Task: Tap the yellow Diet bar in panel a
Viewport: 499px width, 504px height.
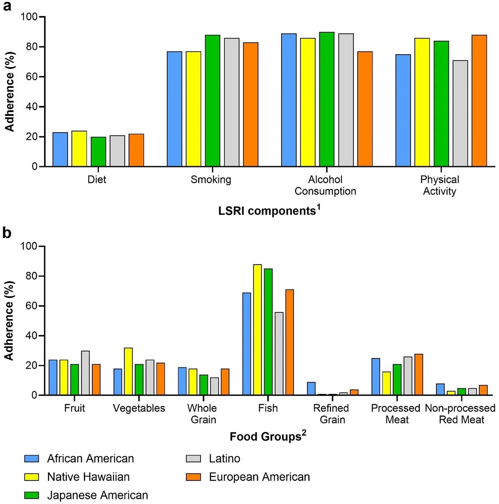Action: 79,149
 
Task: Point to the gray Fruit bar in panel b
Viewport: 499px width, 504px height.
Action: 85,373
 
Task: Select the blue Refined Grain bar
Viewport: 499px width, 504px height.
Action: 311,389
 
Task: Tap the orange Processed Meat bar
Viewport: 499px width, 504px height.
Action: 419,375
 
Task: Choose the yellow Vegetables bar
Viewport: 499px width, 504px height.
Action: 128,371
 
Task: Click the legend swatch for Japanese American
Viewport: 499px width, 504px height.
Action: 31,495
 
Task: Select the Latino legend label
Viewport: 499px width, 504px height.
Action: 225,458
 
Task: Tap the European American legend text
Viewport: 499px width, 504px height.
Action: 259,477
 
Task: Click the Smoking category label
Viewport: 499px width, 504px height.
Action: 211,179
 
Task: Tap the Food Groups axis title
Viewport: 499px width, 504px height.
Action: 268,436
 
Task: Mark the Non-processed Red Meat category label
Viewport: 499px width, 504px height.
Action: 461,414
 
